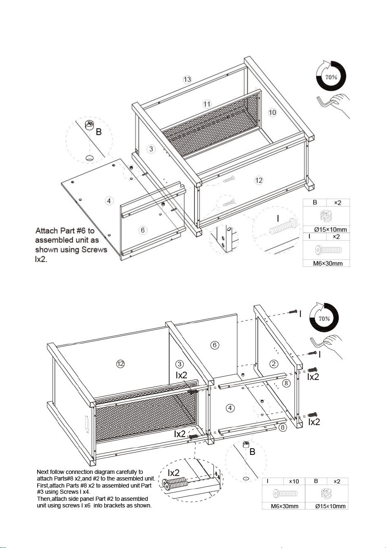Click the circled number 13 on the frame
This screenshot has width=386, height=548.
pos(187,79)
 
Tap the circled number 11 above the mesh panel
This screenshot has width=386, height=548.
pos(207,104)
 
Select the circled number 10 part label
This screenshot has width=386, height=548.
pos(272,113)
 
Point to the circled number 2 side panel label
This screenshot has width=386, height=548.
pos(274,364)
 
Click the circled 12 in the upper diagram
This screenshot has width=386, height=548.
pos(259,180)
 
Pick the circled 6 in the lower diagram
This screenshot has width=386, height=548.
pos(215,345)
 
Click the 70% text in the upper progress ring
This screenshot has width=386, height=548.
pos(331,77)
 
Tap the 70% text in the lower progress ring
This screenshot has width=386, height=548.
pos(324,319)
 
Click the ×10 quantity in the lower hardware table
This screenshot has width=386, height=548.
pos(294,481)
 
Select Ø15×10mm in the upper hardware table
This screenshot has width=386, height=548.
pos(330,229)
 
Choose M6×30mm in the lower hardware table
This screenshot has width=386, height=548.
pos(285,506)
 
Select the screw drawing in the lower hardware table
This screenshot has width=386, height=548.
pos(285,493)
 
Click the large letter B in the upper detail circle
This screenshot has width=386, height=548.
pos(98,132)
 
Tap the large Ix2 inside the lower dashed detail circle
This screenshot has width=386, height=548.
pos(174,472)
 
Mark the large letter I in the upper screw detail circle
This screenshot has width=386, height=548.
pos(278,218)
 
